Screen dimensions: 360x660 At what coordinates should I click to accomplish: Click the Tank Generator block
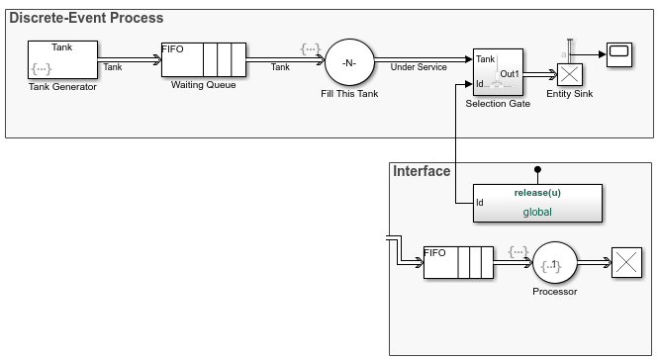63,59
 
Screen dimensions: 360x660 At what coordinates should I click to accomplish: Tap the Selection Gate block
499,72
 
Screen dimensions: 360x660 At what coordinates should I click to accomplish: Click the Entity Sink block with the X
569,76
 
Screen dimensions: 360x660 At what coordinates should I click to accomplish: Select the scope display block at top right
619,52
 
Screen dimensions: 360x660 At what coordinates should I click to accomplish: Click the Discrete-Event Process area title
86,18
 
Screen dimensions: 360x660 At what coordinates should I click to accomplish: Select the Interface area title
422,171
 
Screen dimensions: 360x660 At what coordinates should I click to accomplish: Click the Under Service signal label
418,67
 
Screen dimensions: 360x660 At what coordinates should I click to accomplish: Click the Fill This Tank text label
347,94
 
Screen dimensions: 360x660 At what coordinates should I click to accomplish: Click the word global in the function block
537,212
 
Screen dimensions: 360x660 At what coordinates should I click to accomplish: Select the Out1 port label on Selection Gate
510,73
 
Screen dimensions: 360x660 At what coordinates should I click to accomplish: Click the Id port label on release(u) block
480,203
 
